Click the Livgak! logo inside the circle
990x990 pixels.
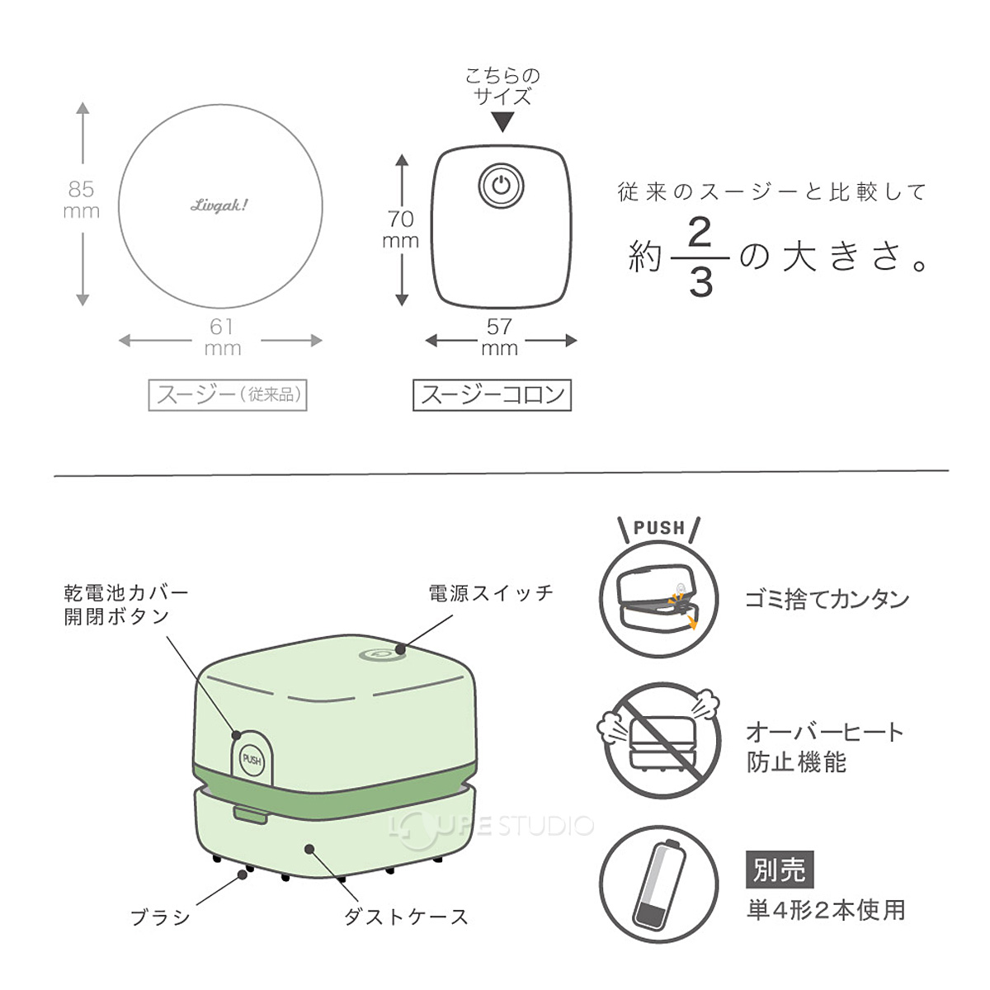point(219,205)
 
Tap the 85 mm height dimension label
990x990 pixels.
point(82,200)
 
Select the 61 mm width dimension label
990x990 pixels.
point(222,337)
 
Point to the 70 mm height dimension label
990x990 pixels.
point(400,229)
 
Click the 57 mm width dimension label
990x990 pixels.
point(499,337)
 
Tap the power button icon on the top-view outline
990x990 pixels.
point(501,186)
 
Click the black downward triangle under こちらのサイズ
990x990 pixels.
point(502,122)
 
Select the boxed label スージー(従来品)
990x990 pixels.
point(228,394)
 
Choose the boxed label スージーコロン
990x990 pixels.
point(492,394)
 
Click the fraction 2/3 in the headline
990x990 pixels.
point(700,257)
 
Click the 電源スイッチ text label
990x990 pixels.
point(491,593)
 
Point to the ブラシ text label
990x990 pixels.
point(161,917)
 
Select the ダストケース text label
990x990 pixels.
point(405,917)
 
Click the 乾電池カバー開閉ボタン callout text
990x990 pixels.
point(125,605)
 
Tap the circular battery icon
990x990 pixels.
point(658,884)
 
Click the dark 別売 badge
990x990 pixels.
point(779,870)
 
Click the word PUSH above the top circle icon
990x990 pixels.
point(658,528)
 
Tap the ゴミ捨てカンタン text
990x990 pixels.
point(827,599)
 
